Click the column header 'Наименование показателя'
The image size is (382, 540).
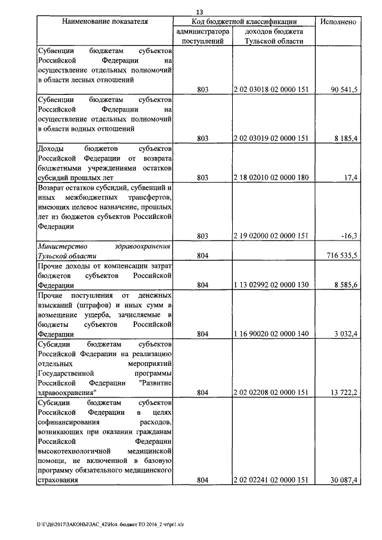click(106, 21)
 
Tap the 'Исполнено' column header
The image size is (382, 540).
click(338, 21)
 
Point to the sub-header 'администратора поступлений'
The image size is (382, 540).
click(202, 36)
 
